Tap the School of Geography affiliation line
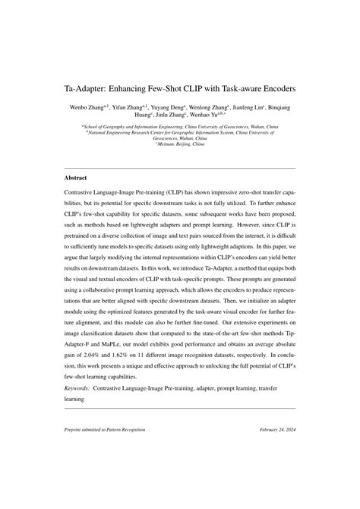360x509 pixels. tap(180, 125)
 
